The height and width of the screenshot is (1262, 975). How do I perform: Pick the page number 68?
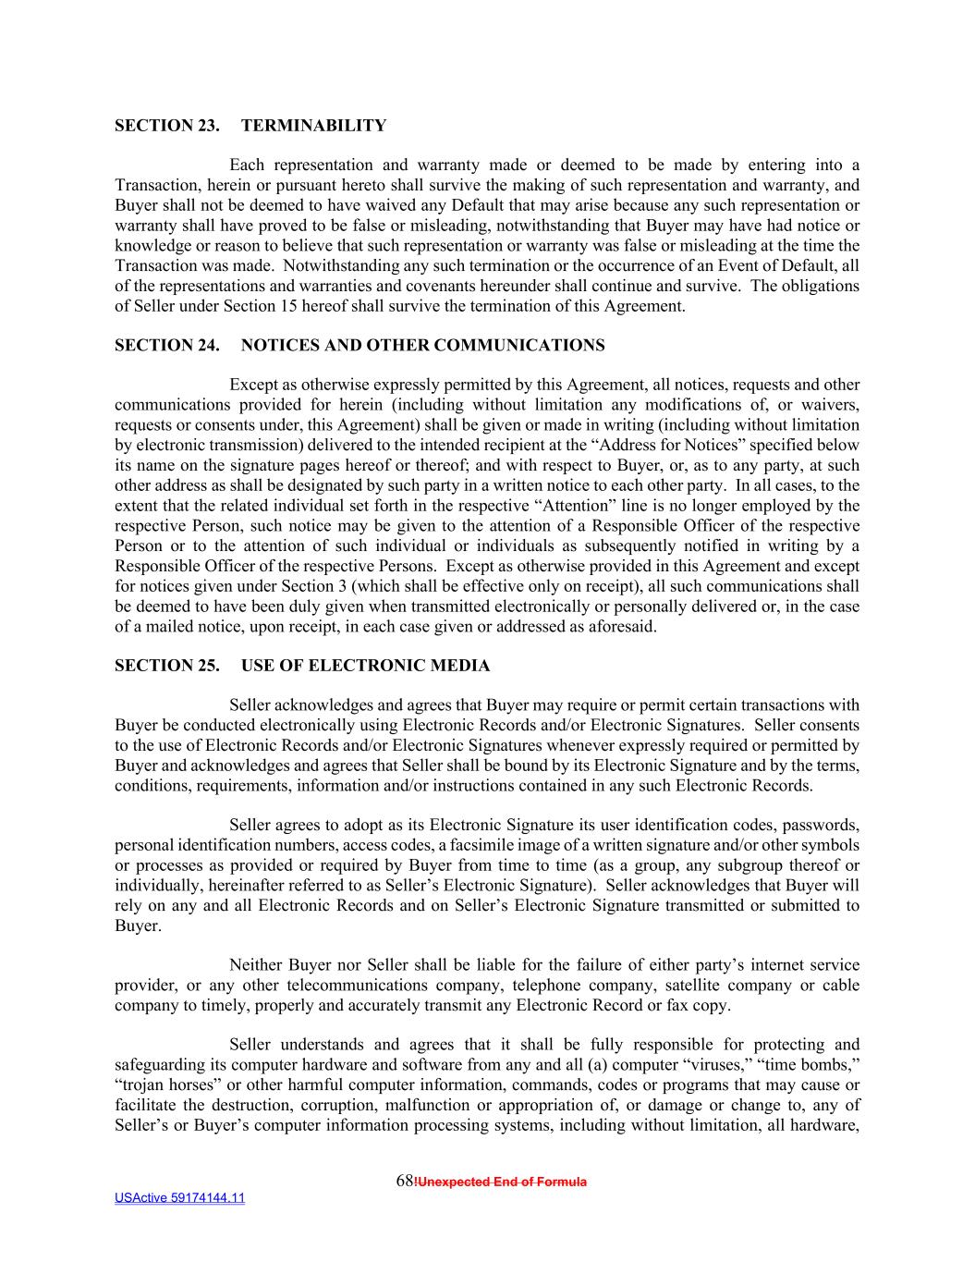click(404, 1182)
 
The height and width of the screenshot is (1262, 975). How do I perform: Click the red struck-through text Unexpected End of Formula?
click(501, 1182)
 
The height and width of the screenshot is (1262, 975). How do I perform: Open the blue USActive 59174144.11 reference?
click(180, 1198)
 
